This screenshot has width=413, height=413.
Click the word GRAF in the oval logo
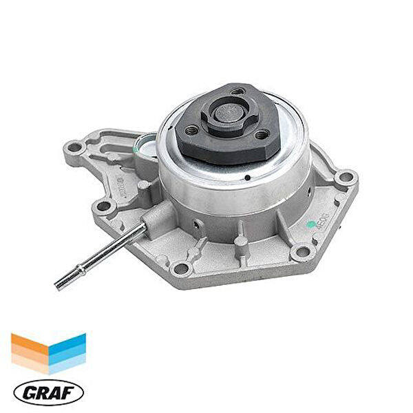coord(47,392)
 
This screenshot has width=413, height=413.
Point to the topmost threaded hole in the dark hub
coord(237,91)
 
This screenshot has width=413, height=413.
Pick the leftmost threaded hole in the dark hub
coord(192,129)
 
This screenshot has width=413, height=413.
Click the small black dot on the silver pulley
coord(246,176)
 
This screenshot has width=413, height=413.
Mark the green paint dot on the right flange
coord(310,224)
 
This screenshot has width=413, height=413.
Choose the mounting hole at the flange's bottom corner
coord(182,268)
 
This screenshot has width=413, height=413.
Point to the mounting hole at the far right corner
coord(345,181)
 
